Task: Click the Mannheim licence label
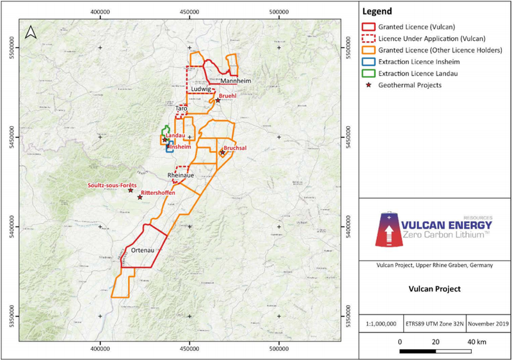tap(235, 81)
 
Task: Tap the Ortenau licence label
tap(135, 250)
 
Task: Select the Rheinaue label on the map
tap(180, 174)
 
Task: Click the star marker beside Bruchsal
tap(222, 153)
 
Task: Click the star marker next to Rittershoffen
tap(140, 197)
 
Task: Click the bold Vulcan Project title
tap(435, 288)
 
